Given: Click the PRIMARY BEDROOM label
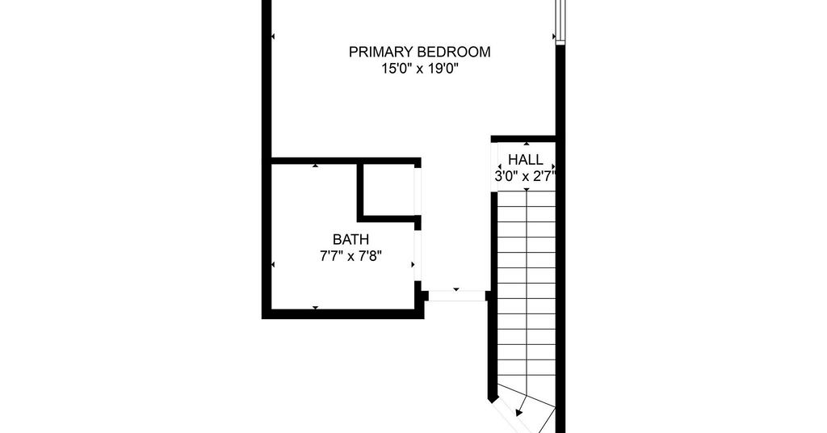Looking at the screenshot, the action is [419, 52].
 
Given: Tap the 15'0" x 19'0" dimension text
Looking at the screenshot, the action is [420, 69].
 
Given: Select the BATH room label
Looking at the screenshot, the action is [351, 239].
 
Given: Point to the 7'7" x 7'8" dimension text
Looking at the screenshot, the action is [351, 256].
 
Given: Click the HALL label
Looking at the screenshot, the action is [525, 160].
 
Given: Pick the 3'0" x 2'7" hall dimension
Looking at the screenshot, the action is [525, 176].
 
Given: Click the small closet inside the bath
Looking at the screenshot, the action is [389, 190].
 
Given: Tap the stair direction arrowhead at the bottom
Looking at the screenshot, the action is [519, 413].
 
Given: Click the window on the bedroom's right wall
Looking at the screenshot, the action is [560, 21].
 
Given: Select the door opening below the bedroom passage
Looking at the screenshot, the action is [457, 296].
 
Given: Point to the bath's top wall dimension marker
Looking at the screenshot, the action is [316, 166].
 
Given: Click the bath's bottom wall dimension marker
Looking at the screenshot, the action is [316, 307].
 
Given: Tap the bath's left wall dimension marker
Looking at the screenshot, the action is [273, 264].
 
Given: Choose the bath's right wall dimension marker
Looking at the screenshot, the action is [413, 264].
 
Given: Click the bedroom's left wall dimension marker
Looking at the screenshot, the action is [273, 36].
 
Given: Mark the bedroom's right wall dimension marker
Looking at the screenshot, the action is [554, 36].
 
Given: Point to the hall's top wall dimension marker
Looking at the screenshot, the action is [527, 144].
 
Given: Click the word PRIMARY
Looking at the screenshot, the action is [380, 52].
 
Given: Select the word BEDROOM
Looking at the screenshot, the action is [454, 52].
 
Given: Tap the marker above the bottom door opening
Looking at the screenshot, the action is [456, 289].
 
